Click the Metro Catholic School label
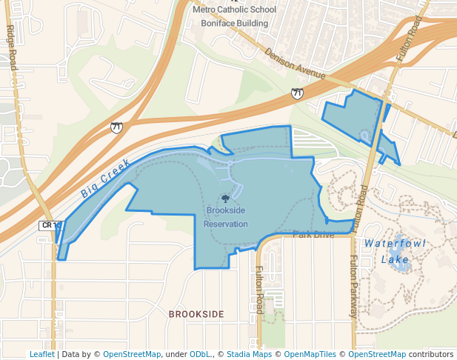tap(233, 10)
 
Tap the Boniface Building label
tap(233, 23)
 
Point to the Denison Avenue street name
tap(295, 64)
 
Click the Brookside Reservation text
tap(226, 217)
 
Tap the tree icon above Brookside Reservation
tap(225, 199)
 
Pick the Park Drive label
tap(313, 235)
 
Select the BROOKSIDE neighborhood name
tap(196, 314)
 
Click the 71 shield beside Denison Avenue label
tap(296, 93)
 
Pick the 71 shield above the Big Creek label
tap(116, 127)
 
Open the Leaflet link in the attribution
tap(41, 354)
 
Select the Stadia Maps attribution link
tap(248, 354)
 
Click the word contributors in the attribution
tap(432, 354)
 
